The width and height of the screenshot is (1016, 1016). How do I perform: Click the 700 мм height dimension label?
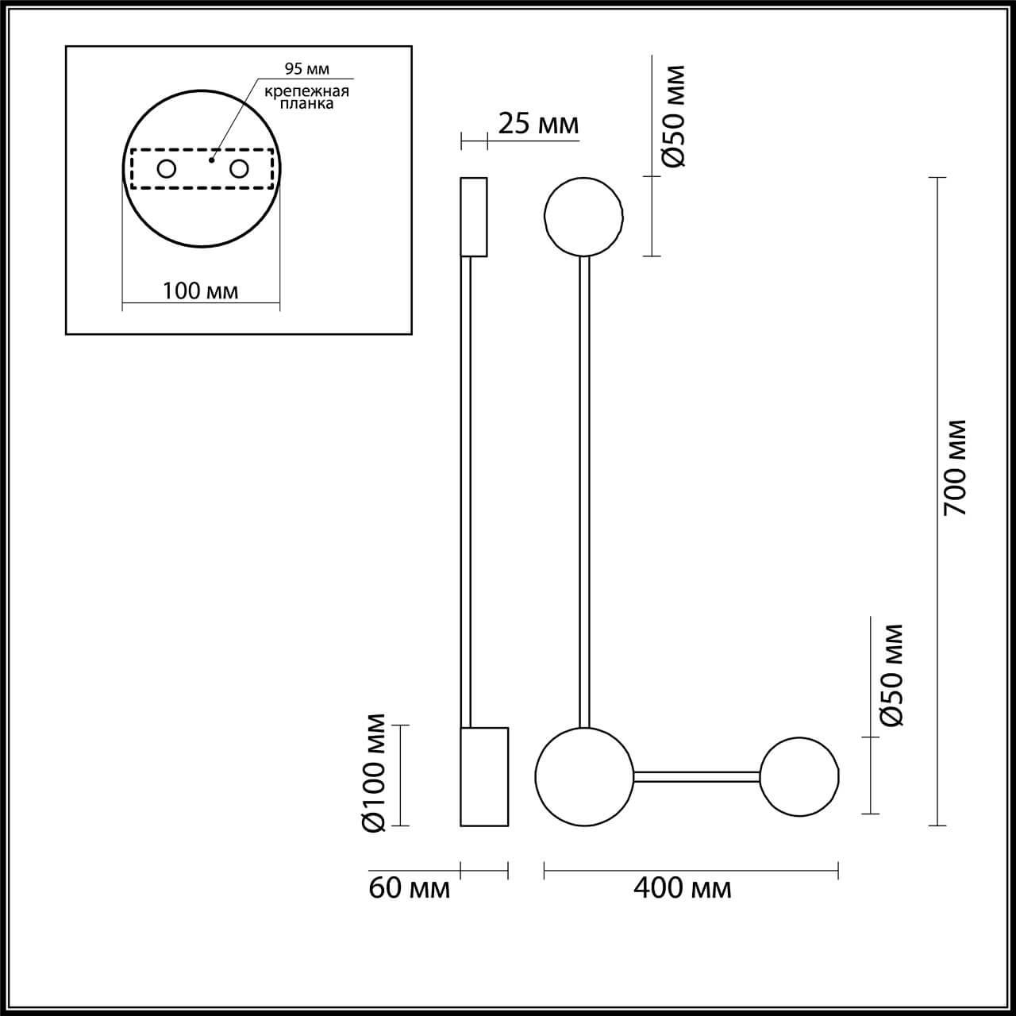click(x=958, y=468)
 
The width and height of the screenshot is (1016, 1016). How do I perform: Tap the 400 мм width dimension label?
click(x=683, y=887)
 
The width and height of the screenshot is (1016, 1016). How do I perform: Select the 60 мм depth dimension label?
click(x=409, y=887)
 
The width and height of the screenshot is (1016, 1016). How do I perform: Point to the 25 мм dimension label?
click(x=538, y=124)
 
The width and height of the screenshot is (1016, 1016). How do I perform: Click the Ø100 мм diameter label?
click(x=374, y=773)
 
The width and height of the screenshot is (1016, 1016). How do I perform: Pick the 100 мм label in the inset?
click(x=200, y=291)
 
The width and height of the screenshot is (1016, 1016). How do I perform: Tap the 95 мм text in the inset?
click(x=307, y=69)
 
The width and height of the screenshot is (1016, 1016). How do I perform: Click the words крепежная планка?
click(x=306, y=97)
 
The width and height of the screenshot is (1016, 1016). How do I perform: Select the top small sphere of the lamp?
click(x=583, y=215)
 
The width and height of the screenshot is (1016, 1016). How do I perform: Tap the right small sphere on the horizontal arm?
click(x=799, y=775)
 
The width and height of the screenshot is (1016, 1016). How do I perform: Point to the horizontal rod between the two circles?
click(x=697, y=776)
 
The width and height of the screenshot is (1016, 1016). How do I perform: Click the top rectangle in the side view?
click(x=474, y=217)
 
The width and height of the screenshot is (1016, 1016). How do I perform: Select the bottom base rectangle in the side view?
click(x=484, y=776)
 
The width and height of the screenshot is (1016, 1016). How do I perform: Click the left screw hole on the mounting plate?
click(x=167, y=168)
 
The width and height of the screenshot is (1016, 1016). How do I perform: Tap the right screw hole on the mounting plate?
click(x=238, y=168)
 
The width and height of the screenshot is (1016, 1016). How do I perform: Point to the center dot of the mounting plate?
click(x=210, y=160)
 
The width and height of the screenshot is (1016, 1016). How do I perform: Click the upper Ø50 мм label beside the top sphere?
click(x=672, y=117)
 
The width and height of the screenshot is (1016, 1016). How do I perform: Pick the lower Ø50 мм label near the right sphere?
click(x=892, y=675)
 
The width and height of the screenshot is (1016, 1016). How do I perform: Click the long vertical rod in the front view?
click(x=584, y=492)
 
